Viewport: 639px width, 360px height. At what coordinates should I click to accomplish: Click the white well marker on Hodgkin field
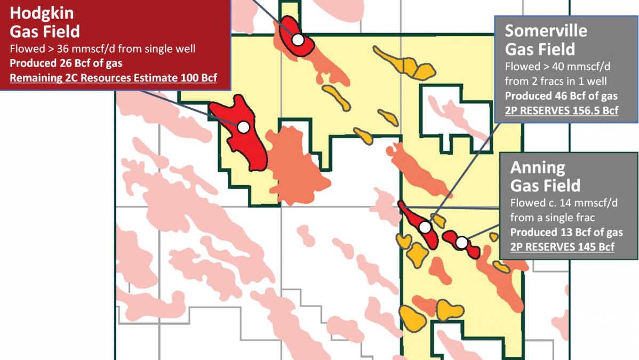coord(243,127)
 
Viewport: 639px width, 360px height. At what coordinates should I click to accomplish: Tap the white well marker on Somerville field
coord(425,227)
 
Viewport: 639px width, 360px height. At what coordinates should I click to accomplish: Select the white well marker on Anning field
coord(462,243)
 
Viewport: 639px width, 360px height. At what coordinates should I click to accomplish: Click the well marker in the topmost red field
coord(298,39)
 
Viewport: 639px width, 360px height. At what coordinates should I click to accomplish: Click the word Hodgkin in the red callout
coord(42,13)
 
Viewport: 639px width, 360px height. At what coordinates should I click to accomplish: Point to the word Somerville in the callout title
coord(546,30)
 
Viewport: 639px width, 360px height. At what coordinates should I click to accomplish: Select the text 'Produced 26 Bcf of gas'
coord(66,63)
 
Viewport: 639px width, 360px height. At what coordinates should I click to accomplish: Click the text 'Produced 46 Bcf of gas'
coord(561,97)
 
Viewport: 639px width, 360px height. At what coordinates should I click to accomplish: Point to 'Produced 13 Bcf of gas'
coord(566,233)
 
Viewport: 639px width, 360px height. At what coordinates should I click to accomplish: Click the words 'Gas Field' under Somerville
coord(540,49)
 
